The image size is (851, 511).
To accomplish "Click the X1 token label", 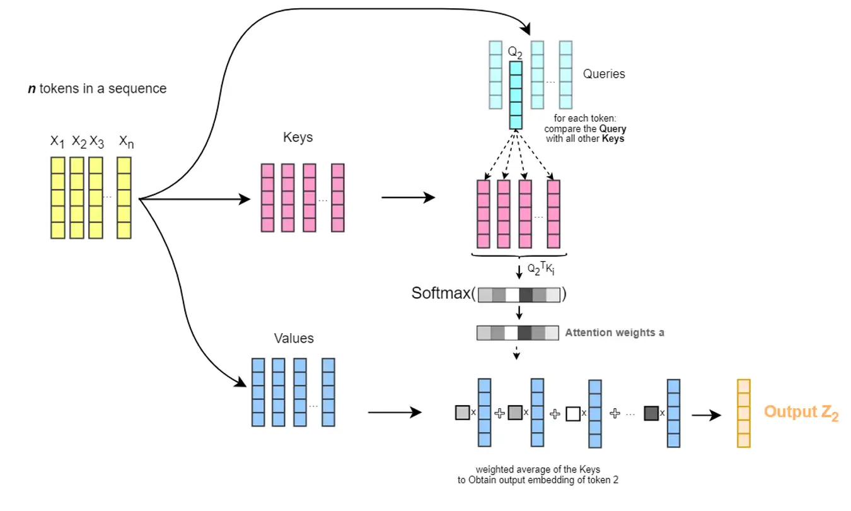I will click(57, 142).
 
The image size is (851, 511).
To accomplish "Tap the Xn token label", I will click(126, 142).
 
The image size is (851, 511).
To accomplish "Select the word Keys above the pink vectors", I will click(298, 138).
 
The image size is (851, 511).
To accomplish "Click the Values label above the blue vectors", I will click(294, 339).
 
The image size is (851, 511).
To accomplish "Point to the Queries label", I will click(604, 74).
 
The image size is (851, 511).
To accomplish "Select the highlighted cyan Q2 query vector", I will click(516, 95).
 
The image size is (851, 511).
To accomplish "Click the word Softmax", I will click(441, 293).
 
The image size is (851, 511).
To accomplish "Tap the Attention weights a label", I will click(615, 332).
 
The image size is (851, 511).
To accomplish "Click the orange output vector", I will click(744, 413).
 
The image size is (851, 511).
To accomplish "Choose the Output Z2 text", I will click(801, 413).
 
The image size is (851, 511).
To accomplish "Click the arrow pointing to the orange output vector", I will click(706, 415).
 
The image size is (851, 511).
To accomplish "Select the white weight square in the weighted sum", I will click(572, 414).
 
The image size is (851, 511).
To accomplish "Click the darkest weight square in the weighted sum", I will click(651, 414).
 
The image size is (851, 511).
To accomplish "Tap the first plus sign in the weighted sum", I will click(500, 414).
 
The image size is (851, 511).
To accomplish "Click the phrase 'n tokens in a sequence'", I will click(97, 89).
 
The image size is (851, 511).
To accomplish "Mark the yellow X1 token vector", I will click(58, 198).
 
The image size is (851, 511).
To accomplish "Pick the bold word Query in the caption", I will click(613, 129).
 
